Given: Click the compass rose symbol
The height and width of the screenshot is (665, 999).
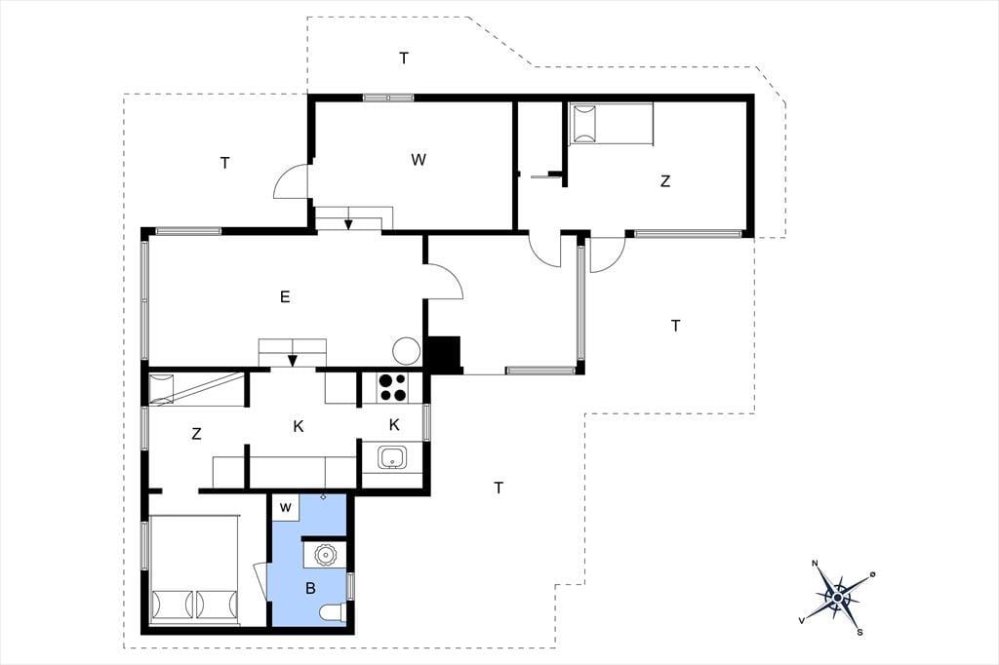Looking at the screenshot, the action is click(x=837, y=597).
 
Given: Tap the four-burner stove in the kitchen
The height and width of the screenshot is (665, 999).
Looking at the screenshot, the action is click(x=392, y=387).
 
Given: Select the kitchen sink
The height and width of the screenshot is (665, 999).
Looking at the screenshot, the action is click(x=392, y=457).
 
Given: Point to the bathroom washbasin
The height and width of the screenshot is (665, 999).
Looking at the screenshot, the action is click(x=325, y=555).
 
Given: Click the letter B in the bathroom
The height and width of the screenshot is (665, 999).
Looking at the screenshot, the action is click(x=310, y=588).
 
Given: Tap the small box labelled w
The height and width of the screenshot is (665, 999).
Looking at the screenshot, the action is click(x=286, y=507).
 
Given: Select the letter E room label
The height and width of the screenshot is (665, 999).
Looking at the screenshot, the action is click(x=285, y=296).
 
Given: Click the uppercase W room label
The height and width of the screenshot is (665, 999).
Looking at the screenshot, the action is click(x=418, y=160).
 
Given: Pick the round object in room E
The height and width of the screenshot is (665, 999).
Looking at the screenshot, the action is click(x=406, y=351).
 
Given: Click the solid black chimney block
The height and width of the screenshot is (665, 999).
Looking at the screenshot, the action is click(x=444, y=353).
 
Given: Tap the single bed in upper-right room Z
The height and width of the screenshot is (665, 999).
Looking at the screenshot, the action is click(x=611, y=124).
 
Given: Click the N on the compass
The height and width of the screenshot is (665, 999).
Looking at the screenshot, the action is click(x=815, y=563).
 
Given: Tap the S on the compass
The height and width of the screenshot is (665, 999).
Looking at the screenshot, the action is click(x=859, y=633).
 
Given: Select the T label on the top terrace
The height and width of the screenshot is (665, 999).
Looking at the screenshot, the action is click(x=403, y=58).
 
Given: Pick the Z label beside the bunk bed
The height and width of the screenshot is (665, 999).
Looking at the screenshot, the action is click(x=196, y=434).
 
